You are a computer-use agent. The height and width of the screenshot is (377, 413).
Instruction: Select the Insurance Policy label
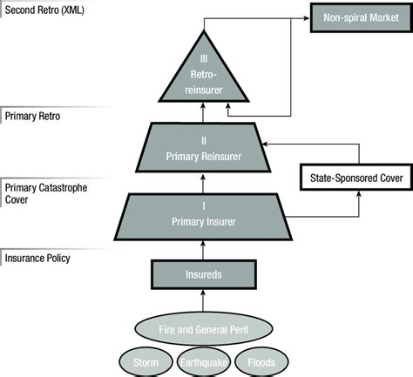coord(37,258)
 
